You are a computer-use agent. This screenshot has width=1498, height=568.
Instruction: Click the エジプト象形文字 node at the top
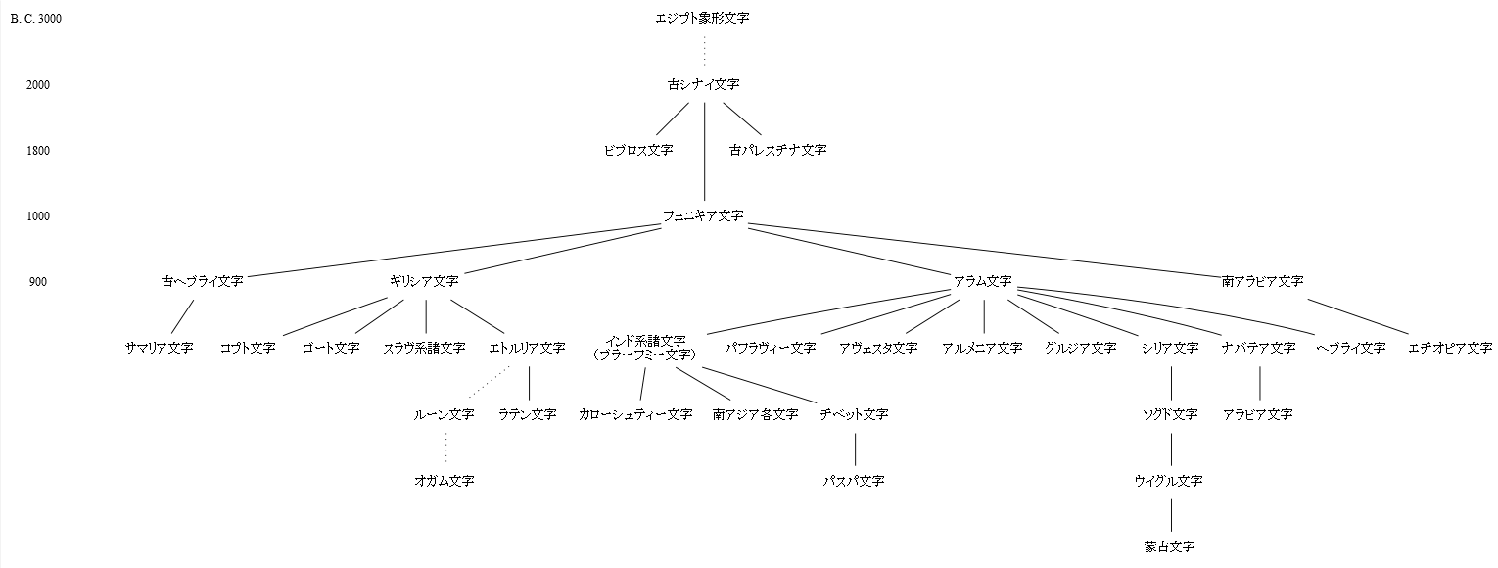click(702, 18)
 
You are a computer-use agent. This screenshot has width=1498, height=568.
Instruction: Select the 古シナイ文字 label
click(703, 84)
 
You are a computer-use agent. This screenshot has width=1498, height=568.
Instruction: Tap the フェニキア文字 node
click(703, 215)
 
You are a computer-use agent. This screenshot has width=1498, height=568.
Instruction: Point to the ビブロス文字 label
click(638, 150)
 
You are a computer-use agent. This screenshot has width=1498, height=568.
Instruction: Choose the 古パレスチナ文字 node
click(777, 150)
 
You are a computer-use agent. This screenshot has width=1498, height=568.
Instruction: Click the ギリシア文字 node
click(423, 281)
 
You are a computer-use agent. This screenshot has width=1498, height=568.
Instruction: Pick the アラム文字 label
click(982, 281)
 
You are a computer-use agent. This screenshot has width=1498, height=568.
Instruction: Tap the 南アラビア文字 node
click(1262, 281)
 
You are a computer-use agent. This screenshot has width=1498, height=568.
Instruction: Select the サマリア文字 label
click(160, 348)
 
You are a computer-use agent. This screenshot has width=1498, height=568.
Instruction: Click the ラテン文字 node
click(527, 414)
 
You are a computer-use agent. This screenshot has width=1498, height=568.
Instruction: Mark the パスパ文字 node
click(854, 481)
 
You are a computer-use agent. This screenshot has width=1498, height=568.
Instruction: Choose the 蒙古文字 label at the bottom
click(1169, 546)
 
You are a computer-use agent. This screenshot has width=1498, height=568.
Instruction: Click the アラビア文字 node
click(1257, 414)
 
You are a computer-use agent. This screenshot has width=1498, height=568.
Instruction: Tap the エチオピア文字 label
click(1450, 348)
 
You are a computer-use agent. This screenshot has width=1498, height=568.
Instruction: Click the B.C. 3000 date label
click(36, 19)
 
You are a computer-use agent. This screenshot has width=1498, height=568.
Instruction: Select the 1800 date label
click(38, 151)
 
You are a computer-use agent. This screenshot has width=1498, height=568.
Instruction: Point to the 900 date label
click(38, 282)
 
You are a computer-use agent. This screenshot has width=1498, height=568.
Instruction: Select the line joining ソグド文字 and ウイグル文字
click(1171, 448)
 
